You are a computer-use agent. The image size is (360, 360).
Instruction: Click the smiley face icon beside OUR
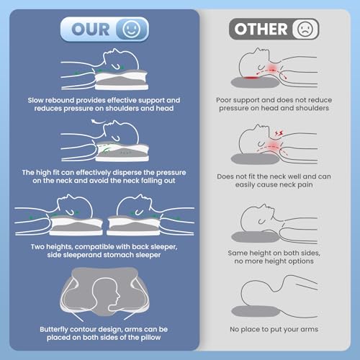(131, 29)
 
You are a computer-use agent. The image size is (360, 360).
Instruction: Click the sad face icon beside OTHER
(305, 29)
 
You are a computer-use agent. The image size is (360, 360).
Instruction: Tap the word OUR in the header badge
(91, 30)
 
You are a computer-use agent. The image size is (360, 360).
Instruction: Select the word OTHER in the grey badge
(261, 29)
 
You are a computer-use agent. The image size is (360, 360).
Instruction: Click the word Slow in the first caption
(35, 100)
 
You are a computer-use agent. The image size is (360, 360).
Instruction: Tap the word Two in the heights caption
(37, 247)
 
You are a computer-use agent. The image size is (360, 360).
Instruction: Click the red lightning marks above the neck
(279, 132)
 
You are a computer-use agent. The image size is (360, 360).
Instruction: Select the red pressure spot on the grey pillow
(251, 77)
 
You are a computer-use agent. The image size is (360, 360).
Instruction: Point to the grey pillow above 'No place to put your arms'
(256, 311)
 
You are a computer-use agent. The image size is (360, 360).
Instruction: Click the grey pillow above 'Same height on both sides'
(256, 237)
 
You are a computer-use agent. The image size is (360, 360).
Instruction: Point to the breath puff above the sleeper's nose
(98, 122)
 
